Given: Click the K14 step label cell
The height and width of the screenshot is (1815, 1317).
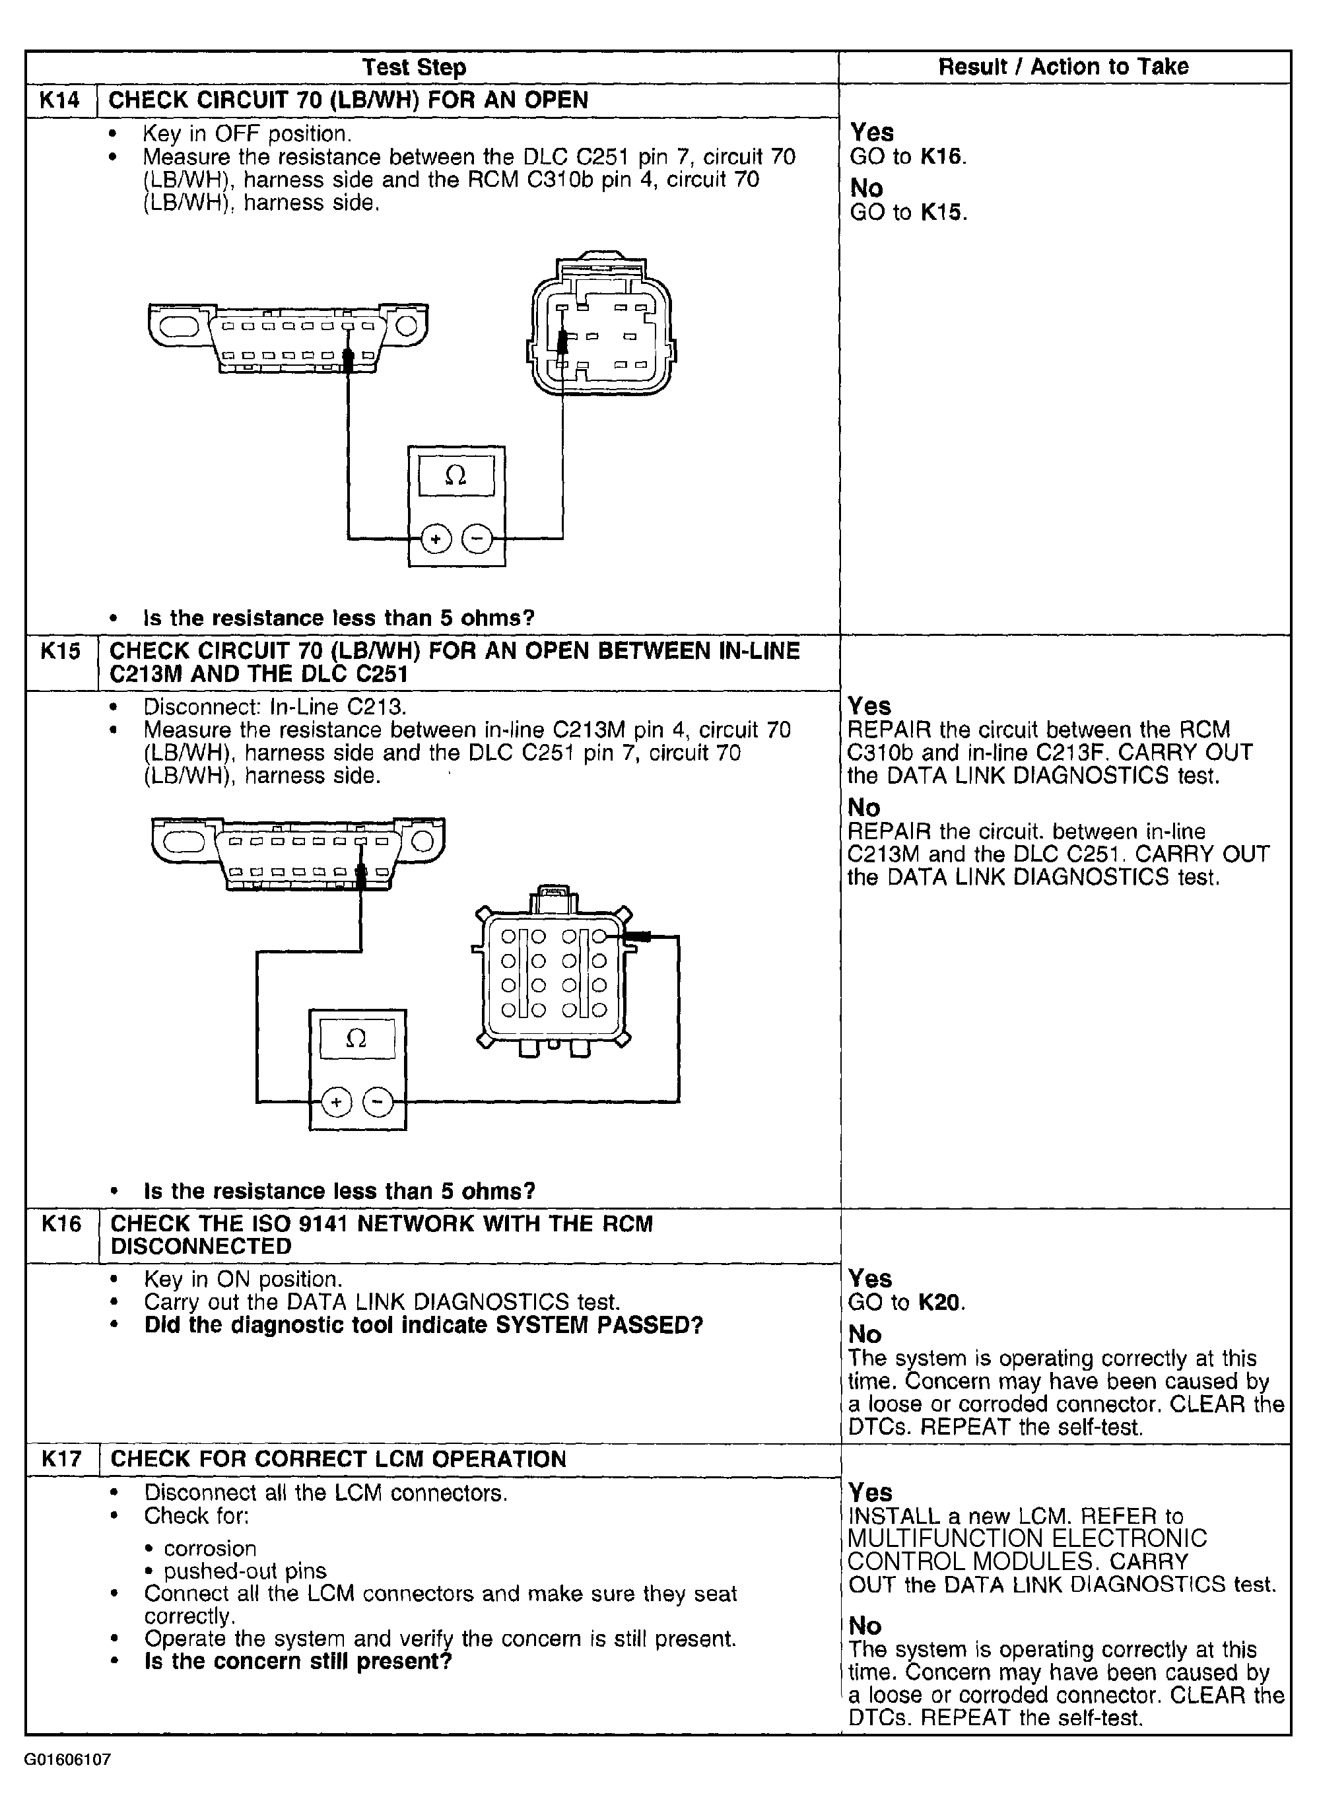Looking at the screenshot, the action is pyautogui.click(x=61, y=101).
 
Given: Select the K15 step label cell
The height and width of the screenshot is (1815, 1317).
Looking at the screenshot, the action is pyautogui.click(x=61, y=663).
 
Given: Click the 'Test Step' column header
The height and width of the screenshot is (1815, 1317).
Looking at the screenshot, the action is pyautogui.click(x=414, y=67).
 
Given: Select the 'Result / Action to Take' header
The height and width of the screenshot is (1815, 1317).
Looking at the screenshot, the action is pyautogui.click(x=1064, y=67).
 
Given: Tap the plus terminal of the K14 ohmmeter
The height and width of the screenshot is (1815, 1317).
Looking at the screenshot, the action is pyautogui.click(x=435, y=540).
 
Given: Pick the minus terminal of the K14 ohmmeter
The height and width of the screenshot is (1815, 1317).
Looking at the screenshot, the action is pyautogui.click(x=478, y=540).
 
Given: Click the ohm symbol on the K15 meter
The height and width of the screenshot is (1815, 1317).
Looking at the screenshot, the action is pyautogui.click(x=357, y=1039).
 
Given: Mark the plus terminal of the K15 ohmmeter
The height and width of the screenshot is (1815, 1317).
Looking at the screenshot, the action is pyautogui.click(x=336, y=1103).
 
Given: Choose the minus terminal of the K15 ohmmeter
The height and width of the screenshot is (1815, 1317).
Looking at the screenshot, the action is pyautogui.click(x=378, y=1103).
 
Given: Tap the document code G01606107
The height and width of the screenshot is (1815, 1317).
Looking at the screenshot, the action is pyautogui.click(x=68, y=1760).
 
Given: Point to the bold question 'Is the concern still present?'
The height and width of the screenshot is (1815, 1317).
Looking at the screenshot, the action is pyautogui.click(x=298, y=1661).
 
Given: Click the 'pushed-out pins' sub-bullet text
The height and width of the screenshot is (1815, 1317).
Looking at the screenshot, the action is pyautogui.click(x=245, y=1571).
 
